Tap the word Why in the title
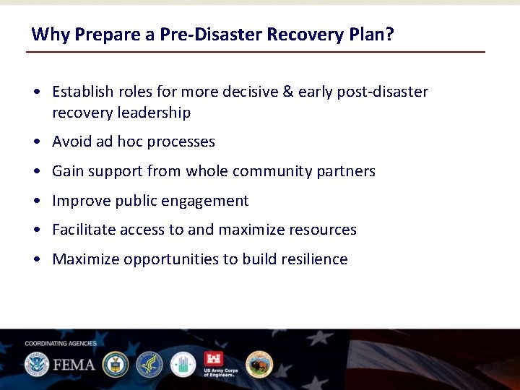tap(48, 34)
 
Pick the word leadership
tap(157, 113)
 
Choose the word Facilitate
tap(84, 230)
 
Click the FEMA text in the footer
tap(73, 364)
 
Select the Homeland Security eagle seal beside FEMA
tap(36, 364)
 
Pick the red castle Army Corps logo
tap(214, 360)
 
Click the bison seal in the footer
tap(259, 364)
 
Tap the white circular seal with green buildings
tap(183, 364)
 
